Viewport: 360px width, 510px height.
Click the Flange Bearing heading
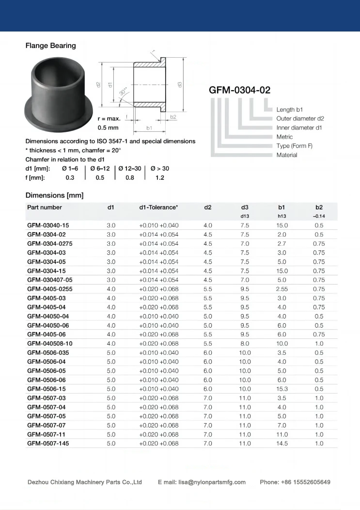(x=50, y=46)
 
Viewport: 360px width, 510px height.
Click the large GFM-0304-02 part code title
(x=239, y=90)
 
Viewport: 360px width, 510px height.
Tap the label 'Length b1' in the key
(x=289, y=110)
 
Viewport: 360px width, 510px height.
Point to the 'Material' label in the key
(x=287, y=155)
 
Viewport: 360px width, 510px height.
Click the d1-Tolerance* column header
(x=158, y=207)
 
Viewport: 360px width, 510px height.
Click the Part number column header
(x=45, y=207)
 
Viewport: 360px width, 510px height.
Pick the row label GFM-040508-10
(x=50, y=343)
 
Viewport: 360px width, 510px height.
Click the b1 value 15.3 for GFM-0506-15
(x=282, y=389)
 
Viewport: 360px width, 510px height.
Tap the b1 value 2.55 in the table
(x=282, y=289)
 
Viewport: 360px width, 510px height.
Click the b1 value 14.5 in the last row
(x=282, y=444)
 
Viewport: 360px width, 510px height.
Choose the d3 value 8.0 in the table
(x=245, y=343)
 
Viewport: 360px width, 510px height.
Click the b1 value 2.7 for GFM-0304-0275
(x=282, y=244)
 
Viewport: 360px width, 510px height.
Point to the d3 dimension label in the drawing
(x=180, y=84)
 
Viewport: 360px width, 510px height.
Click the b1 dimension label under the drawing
(x=149, y=128)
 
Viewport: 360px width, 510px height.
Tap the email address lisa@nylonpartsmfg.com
(x=212, y=482)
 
